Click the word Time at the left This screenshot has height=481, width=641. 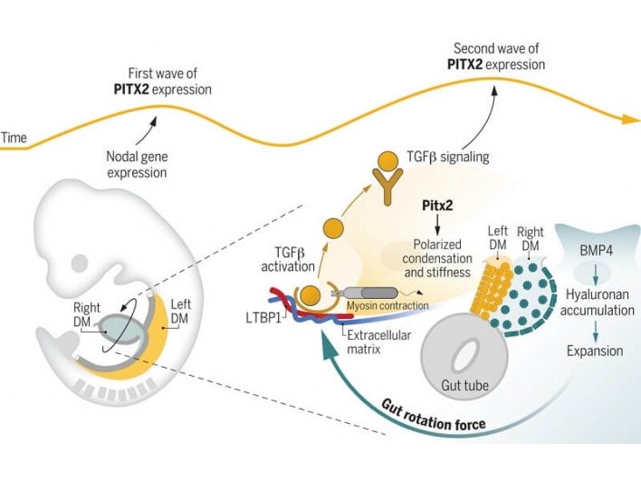(14, 138)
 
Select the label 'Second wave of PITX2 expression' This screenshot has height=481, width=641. (496, 57)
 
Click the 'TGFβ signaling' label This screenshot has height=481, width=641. (447, 157)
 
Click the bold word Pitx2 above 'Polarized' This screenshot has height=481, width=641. (437, 206)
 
